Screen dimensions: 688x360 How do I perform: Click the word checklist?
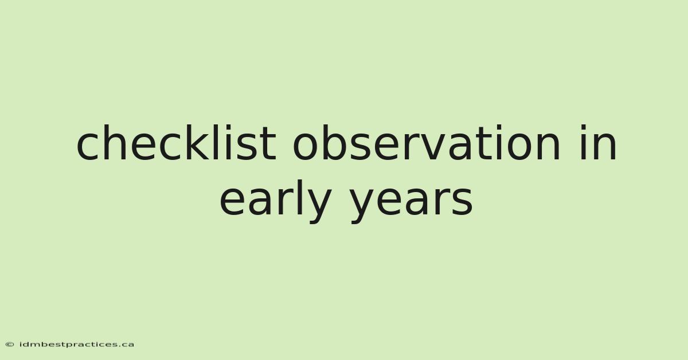pyautogui.click(x=177, y=143)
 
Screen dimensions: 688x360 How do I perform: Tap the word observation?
pyautogui.click(x=427, y=143)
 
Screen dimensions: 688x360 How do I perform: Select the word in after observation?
pyautogui.click(x=598, y=143)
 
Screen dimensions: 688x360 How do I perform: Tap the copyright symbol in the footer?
pyautogui.click(x=10, y=345)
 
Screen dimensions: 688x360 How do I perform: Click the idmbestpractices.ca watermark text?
pyautogui.click(x=77, y=345)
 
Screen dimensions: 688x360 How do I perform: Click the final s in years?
pyautogui.click(x=463, y=202)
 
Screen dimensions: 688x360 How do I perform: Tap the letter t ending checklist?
pyautogui.click(x=268, y=144)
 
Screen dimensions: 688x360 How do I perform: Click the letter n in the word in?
pyautogui.click(x=604, y=147)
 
